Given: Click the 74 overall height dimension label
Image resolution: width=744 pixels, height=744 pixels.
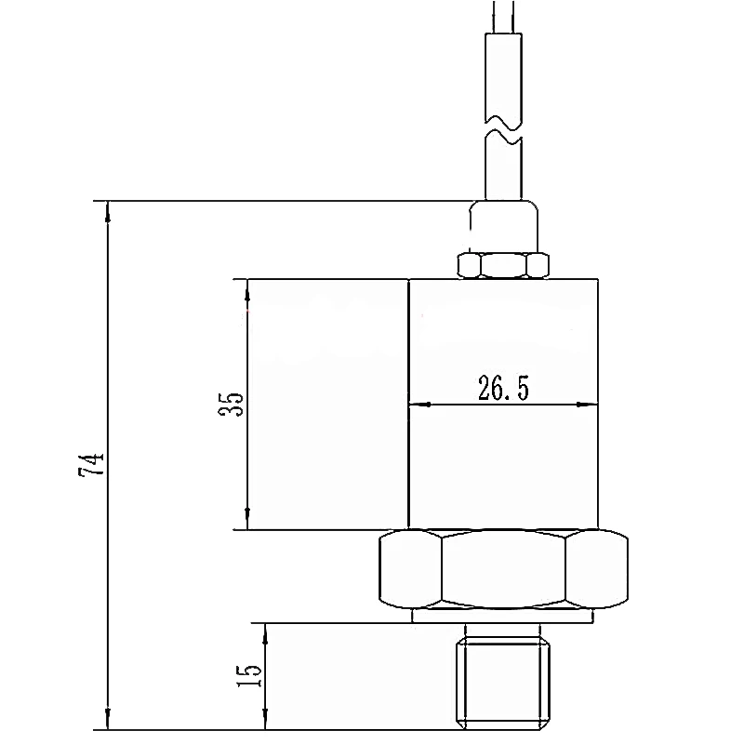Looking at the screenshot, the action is coord(90,465).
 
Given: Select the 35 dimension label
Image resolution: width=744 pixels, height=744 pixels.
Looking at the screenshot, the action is coord(231,404).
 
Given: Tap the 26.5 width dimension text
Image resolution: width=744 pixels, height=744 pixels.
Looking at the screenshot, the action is coord(503,388).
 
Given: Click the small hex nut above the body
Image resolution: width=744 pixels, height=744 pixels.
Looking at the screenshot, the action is coord(503,265).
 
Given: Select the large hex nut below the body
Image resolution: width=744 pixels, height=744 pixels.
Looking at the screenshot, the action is coord(503,569).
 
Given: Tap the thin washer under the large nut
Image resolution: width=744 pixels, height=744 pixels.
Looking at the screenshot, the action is coord(503,617).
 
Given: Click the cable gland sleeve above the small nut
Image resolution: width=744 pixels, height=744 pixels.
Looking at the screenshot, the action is coord(503,226).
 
